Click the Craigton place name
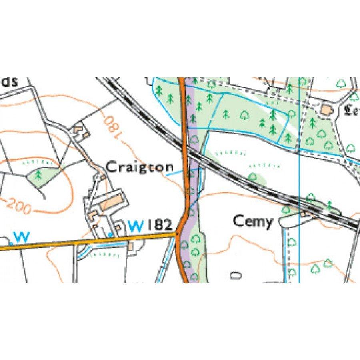(x=140, y=167)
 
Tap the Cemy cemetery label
(x=253, y=221)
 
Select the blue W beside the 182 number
(x=136, y=226)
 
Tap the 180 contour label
(x=112, y=127)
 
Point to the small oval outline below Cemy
(x=236, y=275)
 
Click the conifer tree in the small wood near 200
(x=39, y=175)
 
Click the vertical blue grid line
(x=299, y=180)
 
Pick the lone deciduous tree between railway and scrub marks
(x=252, y=176)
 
